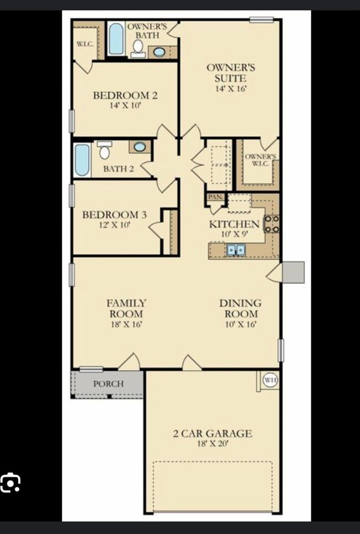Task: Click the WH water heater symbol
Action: click(x=270, y=380)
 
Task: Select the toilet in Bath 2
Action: click(x=104, y=150)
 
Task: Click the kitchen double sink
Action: click(x=235, y=250)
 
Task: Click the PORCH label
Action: click(x=108, y=383)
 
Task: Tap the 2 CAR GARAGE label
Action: click(x=212, y=433)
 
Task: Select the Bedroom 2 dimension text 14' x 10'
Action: click(x=125, y=105)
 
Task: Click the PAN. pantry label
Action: click(x=214, y=197)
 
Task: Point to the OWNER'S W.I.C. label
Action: click(x=260, y=160)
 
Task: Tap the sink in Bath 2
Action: click(x=140, y=147)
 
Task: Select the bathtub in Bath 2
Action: click(x=82, y=159)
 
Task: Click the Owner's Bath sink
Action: click(x=159, y=53)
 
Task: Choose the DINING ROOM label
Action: click(x=240, y=308)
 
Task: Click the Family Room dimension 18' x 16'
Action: click(x=126, y=324)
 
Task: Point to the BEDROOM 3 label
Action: click(x=114, y=214)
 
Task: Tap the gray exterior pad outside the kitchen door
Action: click(x=293, y=272)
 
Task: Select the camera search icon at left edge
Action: click(x=10, y=483)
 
